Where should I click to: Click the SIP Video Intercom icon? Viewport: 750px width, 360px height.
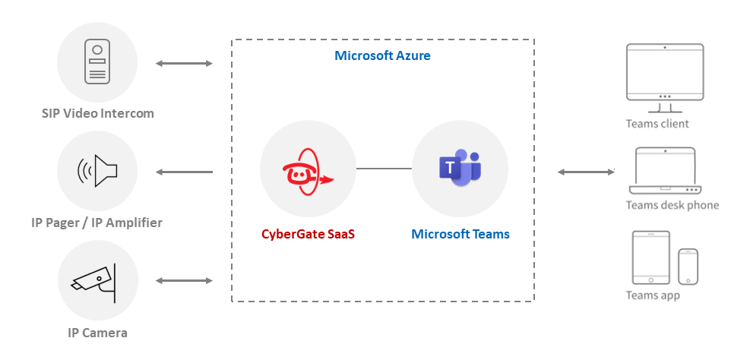[97, 62]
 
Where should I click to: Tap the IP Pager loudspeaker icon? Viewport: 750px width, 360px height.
[97, 172]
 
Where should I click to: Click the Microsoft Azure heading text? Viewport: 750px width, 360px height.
[382, 56]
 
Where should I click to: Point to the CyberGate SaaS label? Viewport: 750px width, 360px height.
[308, 234]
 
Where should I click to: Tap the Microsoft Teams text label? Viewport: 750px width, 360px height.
[460, 234]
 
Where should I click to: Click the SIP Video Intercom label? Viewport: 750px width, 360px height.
[97, 114]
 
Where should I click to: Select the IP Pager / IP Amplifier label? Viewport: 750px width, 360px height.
[97, 223]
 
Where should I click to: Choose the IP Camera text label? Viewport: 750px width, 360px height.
[97, 333]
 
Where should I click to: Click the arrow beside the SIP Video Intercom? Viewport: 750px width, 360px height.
[184, 64]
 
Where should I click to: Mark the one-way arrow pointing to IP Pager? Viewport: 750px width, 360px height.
[184, 172]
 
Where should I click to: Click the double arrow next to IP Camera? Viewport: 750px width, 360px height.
[184, 281]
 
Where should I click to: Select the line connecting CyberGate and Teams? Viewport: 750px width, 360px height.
[384, 169]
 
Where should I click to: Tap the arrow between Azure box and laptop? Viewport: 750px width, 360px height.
[586, 172]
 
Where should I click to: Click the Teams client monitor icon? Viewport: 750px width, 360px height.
[664, 73]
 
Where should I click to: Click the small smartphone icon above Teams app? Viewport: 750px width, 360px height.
[688, 265]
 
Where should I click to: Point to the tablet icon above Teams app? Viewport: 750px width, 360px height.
[651, 257]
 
